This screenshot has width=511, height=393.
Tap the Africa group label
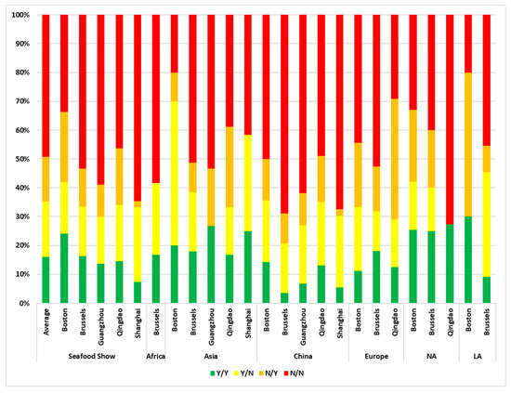click(x=156, y=353)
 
